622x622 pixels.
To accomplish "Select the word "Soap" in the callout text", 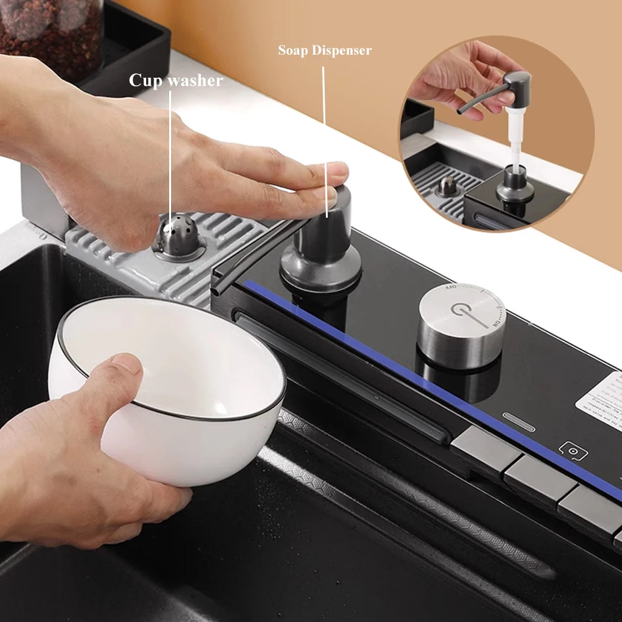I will click(293, 50).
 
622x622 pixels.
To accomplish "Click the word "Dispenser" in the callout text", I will click(341, 50).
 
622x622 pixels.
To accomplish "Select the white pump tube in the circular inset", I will click(515, 144).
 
